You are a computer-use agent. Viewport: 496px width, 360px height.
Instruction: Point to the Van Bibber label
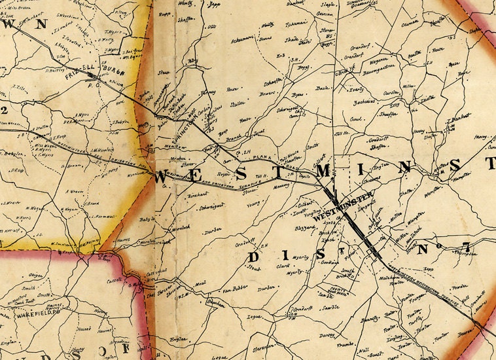(x=233, y=288)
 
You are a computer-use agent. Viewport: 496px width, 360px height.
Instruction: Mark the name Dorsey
(x=327, y=336)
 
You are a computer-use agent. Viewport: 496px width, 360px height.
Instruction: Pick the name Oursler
(x=391, y=93)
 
